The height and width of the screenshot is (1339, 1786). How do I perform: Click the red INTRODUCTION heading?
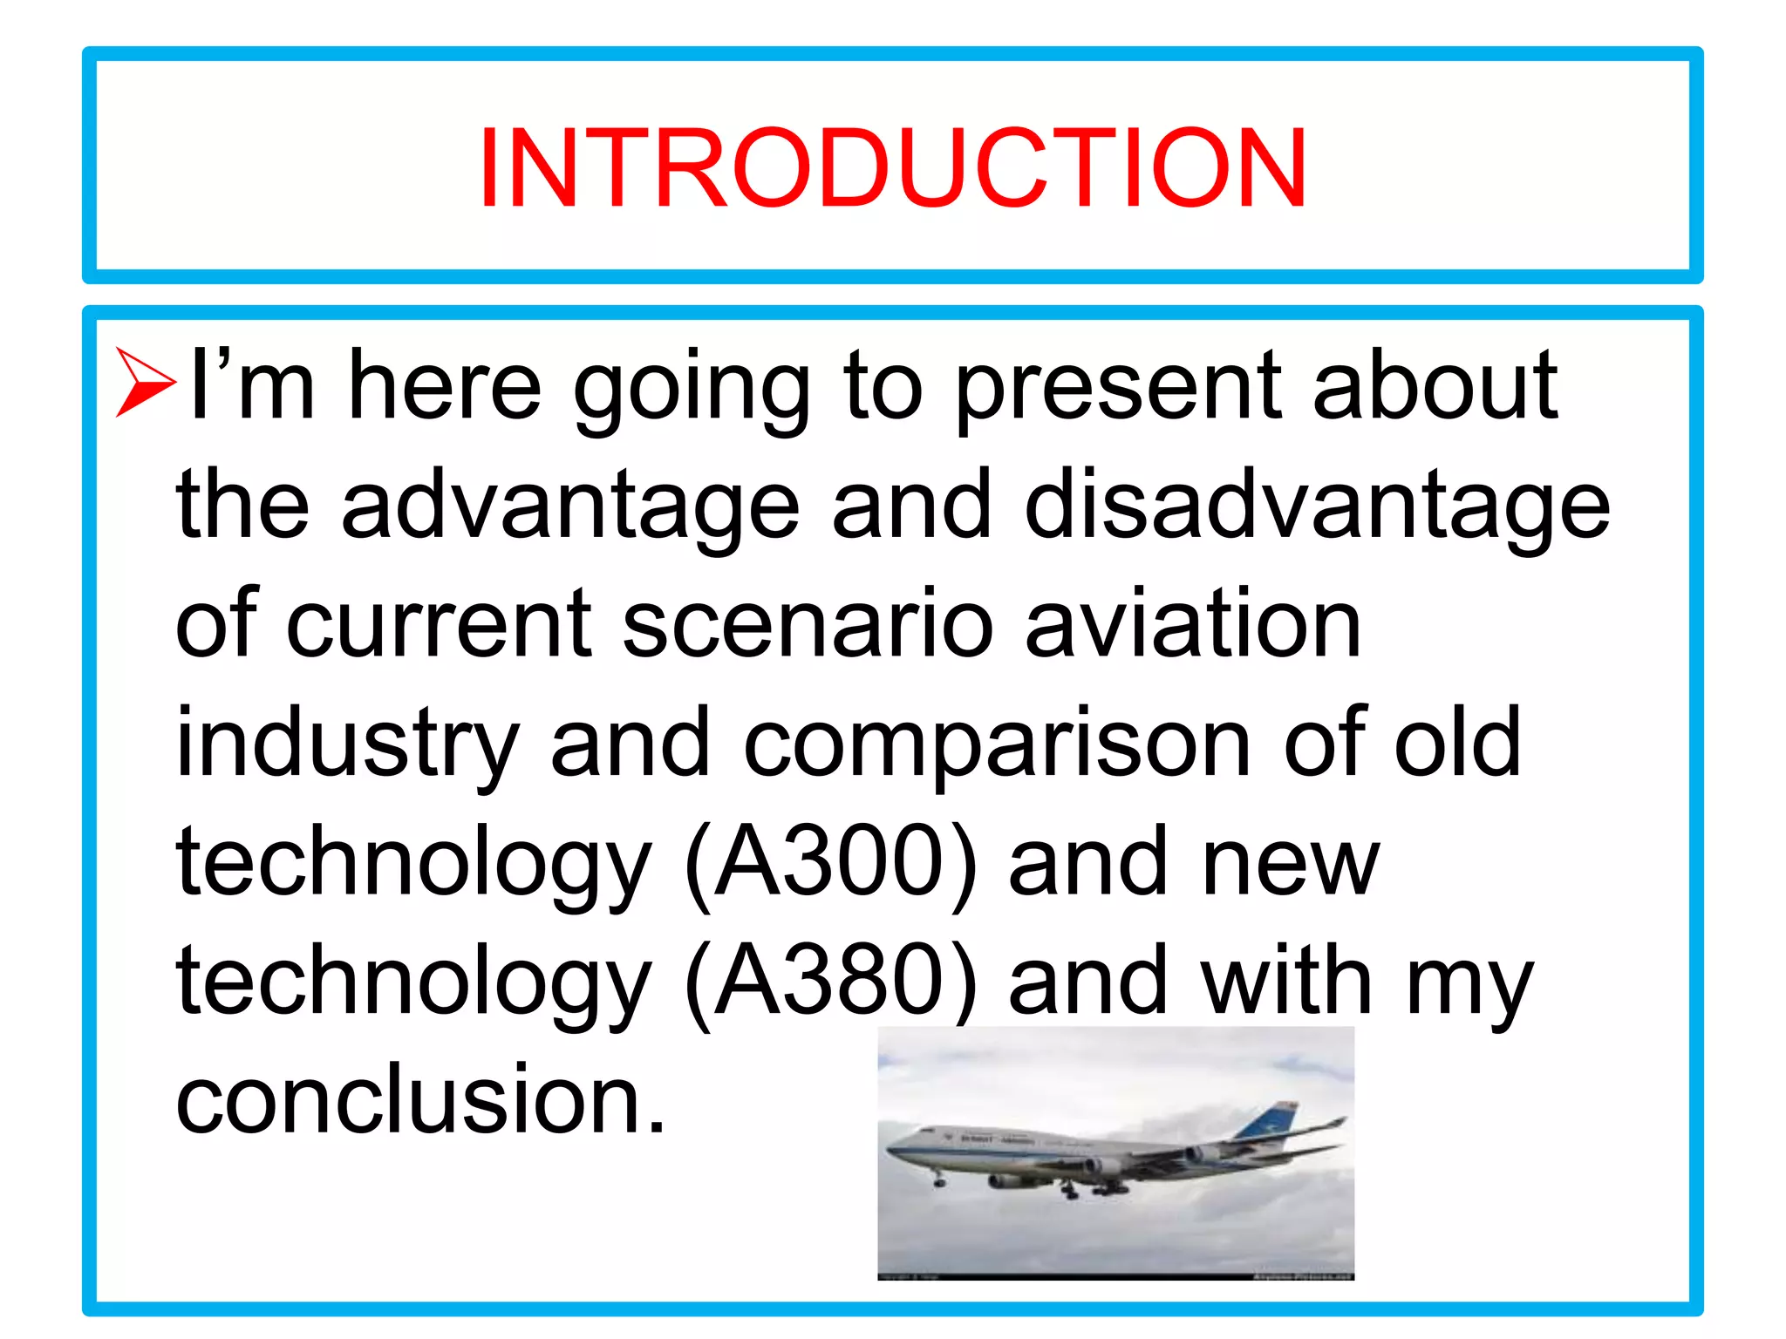coord(892,167)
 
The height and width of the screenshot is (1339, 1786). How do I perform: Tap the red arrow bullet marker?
coord(145,383)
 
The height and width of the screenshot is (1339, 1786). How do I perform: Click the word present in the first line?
coord(1117,388)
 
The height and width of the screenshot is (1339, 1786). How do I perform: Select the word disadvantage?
coord(1317,507)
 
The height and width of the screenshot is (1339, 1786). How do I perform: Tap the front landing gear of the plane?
coord(939,1180)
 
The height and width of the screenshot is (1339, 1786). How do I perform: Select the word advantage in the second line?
coord(570,507)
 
